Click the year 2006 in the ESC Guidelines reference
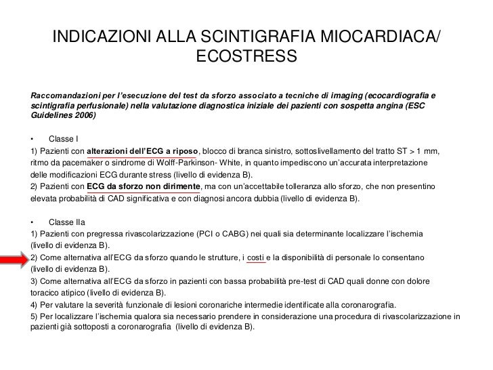coord(85,116)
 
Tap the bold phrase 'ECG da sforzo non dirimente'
coord(144,186)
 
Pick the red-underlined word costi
coord(256,258)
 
